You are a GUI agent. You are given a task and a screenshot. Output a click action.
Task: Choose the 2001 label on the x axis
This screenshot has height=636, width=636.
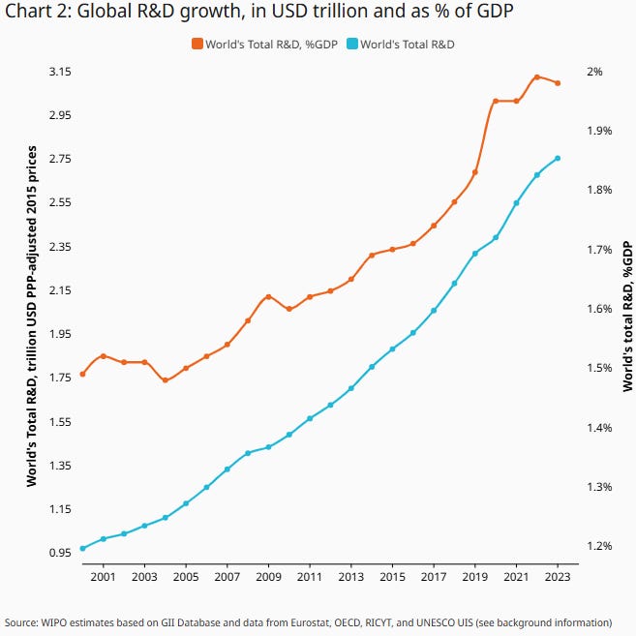[x=104, y=577]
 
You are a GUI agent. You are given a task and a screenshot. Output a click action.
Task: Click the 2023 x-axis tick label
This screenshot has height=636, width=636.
[x=558, y=577]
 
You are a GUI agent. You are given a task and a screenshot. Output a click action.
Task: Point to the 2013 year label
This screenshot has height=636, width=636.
[x=351, y=577]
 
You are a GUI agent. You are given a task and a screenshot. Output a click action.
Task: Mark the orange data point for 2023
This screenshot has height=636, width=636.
[x=558, y=83]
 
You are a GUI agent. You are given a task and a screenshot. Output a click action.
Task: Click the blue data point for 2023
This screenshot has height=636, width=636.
[x=558, y=159]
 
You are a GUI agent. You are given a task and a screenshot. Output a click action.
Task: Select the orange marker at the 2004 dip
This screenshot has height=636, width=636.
[x=166, y=380]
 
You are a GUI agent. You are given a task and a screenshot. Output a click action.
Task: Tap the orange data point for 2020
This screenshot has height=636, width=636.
[x=496, y=101]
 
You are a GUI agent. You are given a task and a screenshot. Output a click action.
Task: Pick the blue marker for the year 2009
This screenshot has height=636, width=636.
[x=269, y=447]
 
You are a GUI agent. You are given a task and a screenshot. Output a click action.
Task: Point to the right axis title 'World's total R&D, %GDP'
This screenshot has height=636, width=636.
[x=627, y=316]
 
